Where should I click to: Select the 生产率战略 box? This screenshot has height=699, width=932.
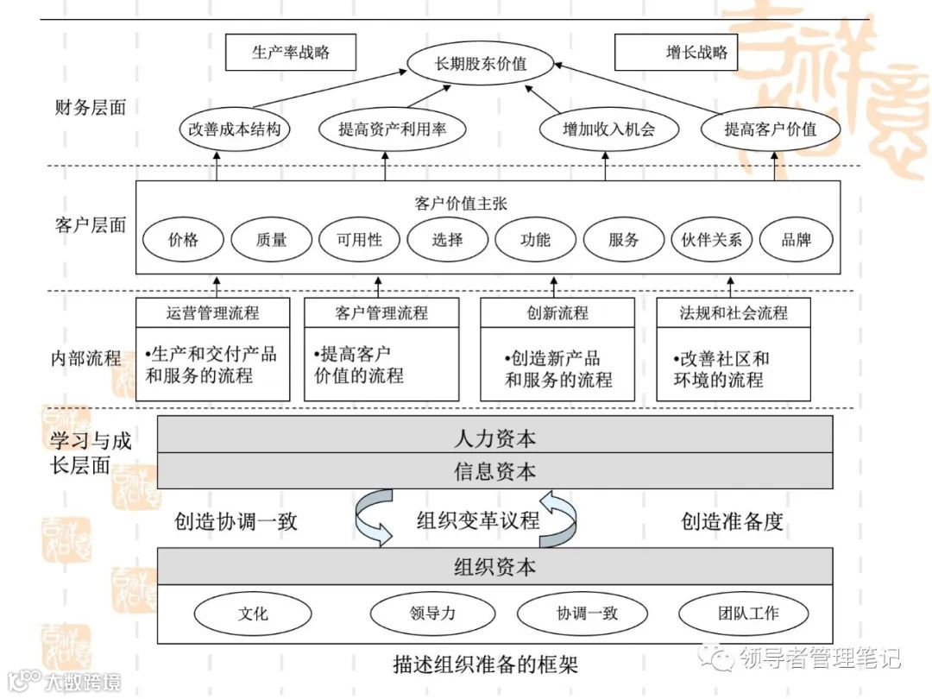(291, 52)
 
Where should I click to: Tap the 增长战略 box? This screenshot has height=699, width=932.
(696, 52)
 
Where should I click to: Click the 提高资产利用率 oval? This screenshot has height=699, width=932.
(392, 129)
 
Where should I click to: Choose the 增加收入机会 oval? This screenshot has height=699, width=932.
(609, 129)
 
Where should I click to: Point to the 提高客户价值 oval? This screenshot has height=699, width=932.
(770, 129)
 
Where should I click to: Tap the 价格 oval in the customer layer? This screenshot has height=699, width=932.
(183, 239)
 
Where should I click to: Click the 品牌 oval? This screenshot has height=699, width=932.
(796, 239)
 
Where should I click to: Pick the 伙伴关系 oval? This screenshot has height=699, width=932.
(712, 239)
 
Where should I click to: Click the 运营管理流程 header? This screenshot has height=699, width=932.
(212, 312)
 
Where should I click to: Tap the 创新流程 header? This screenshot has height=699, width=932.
(557, 312)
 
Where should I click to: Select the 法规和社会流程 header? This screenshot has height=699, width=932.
(734, 312)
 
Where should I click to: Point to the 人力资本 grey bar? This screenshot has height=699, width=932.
(494, 438)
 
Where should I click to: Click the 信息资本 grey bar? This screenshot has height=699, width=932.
(494, 471)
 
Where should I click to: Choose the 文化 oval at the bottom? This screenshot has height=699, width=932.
(253, 614)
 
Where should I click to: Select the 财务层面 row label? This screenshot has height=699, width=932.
(90, 108)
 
